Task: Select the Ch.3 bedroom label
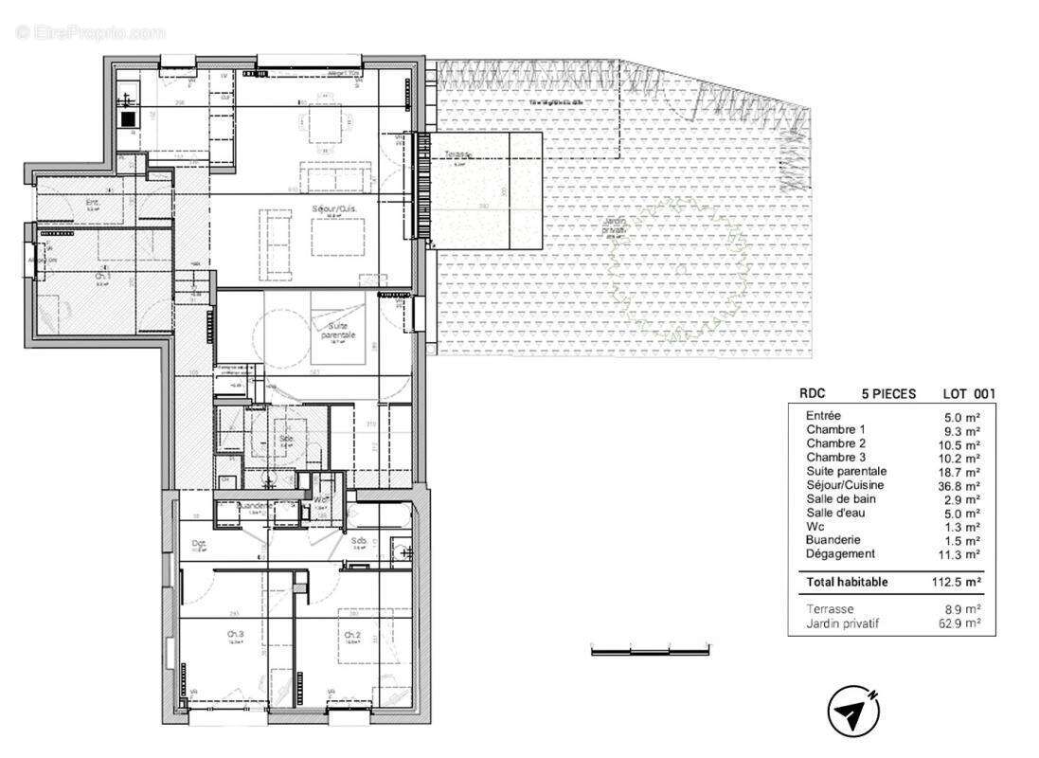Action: (234, 635)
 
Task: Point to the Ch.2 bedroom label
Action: (352, 635)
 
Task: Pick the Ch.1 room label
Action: (101, 279)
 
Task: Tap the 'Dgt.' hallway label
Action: (199, 544)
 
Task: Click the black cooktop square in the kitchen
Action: (128, 119)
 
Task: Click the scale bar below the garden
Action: (650, 651)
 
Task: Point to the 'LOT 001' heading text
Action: (968, 394)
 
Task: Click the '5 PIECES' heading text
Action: (887, 394)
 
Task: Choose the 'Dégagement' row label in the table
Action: (840, 554)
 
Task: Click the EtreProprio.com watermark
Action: (90, 33)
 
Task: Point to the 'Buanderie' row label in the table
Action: (835, 540)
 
